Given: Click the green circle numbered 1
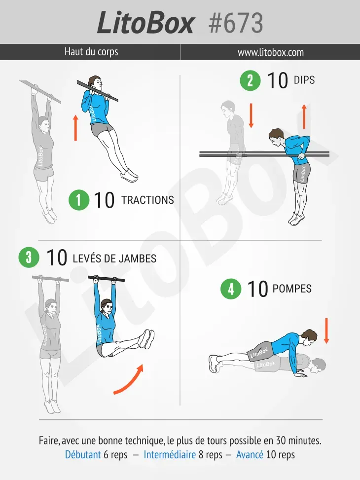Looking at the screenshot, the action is coord(79,200).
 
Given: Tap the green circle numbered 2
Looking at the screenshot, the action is coord(250,80).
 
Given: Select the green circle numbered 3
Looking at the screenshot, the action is coord(29,257).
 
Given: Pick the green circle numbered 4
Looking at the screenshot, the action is coord(231,289).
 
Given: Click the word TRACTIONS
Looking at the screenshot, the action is coord(147,200).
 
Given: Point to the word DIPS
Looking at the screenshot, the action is coord(304,80).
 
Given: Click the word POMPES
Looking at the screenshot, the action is coord(292,289).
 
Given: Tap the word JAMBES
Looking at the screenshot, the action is coord(138,258).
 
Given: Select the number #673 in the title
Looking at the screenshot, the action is coord(236,23).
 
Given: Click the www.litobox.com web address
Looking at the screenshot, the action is coord(271,52).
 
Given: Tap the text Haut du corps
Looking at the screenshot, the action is coord(91,52).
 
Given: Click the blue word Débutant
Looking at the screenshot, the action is coord(83,454).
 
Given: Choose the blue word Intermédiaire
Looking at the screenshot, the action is coord(170,454).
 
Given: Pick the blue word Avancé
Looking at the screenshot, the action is coord(250,454).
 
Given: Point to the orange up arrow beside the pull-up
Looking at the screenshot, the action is coord(75,128).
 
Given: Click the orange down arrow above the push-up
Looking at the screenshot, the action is coord(326,331).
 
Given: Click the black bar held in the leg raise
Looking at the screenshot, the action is coord(106,279).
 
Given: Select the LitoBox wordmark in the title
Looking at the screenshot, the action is coord(145,23).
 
